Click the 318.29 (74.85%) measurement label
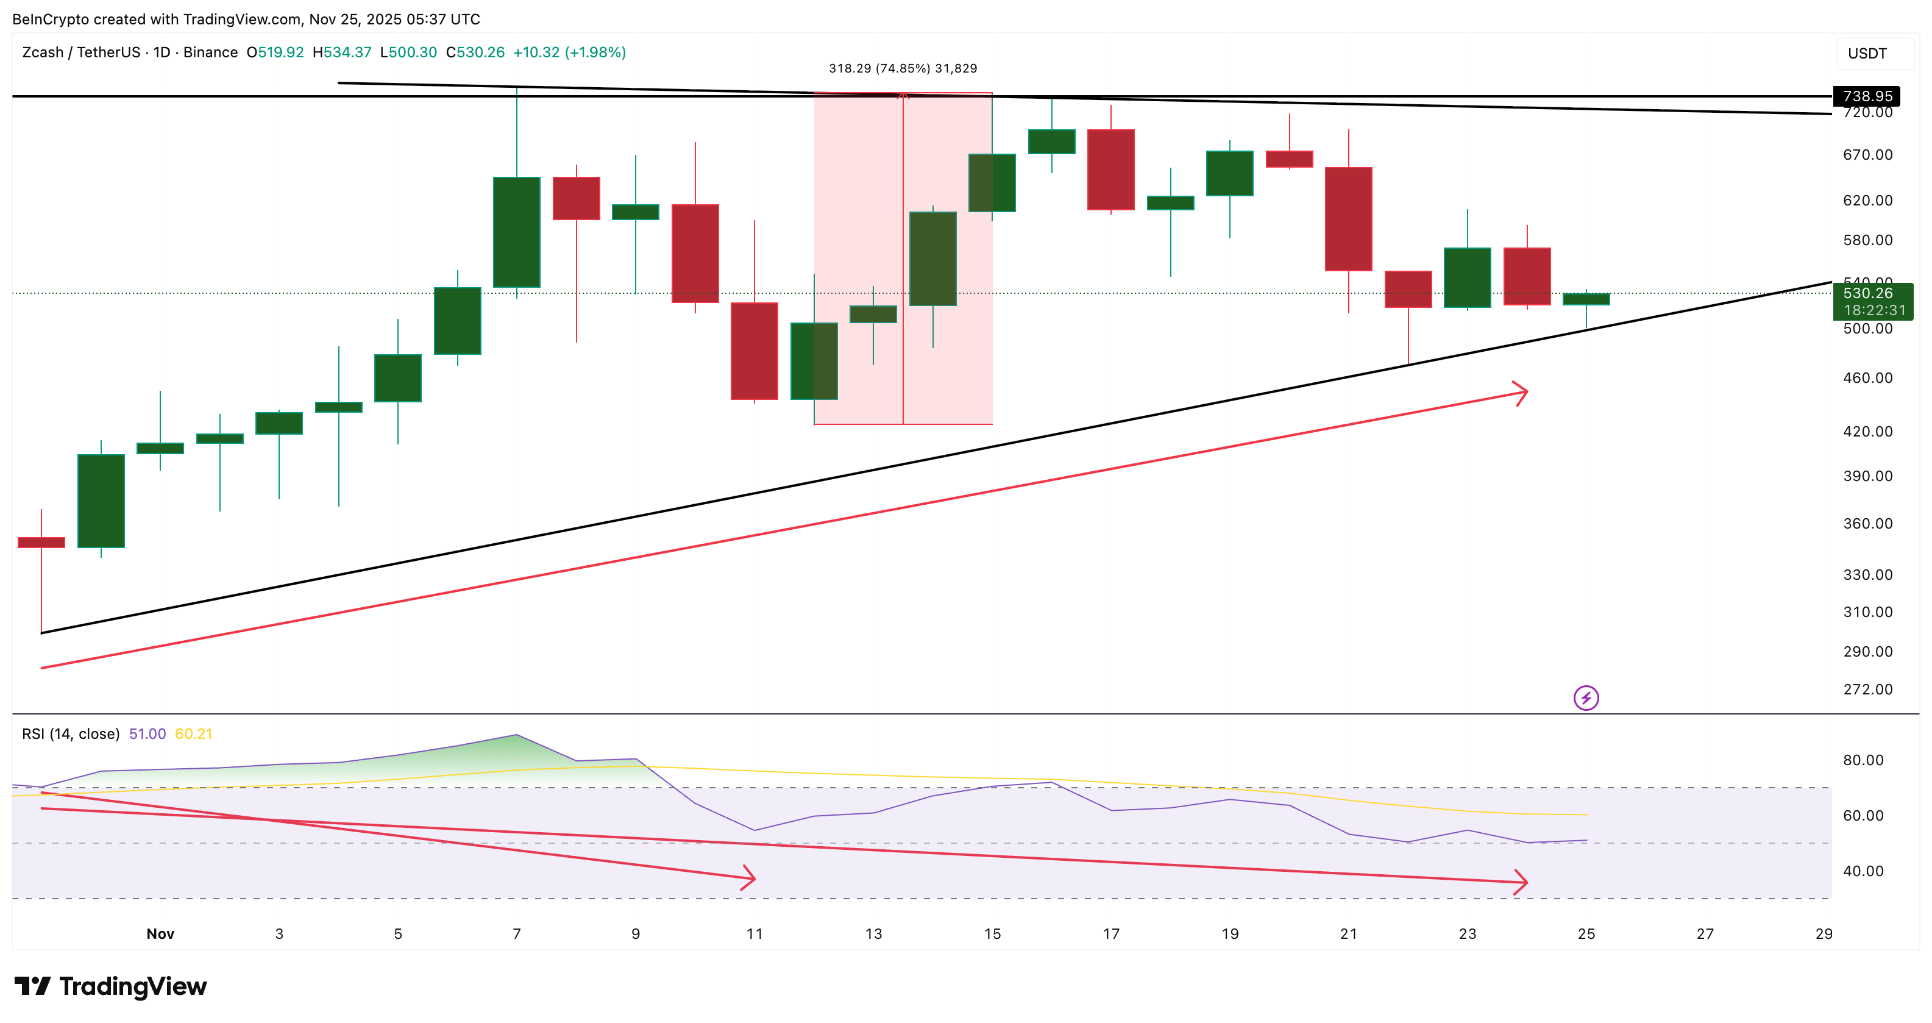coord(902,68)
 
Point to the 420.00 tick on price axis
coord(1867,431)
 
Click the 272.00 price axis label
coord(1867,690)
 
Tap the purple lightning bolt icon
coord(1585,698)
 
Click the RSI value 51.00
coord(147,733)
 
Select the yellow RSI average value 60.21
coord(193,733)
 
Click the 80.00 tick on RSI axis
coord(1863,760)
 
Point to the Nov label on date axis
coord(160,934)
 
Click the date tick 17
coord(1111,934)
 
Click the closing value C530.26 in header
coord(475,52)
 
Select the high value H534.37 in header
coord(342,52)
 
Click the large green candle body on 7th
coord(516,232)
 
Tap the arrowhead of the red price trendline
coord(1522,392)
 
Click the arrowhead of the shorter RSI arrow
coord(751,877)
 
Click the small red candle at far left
coord(41,542)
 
